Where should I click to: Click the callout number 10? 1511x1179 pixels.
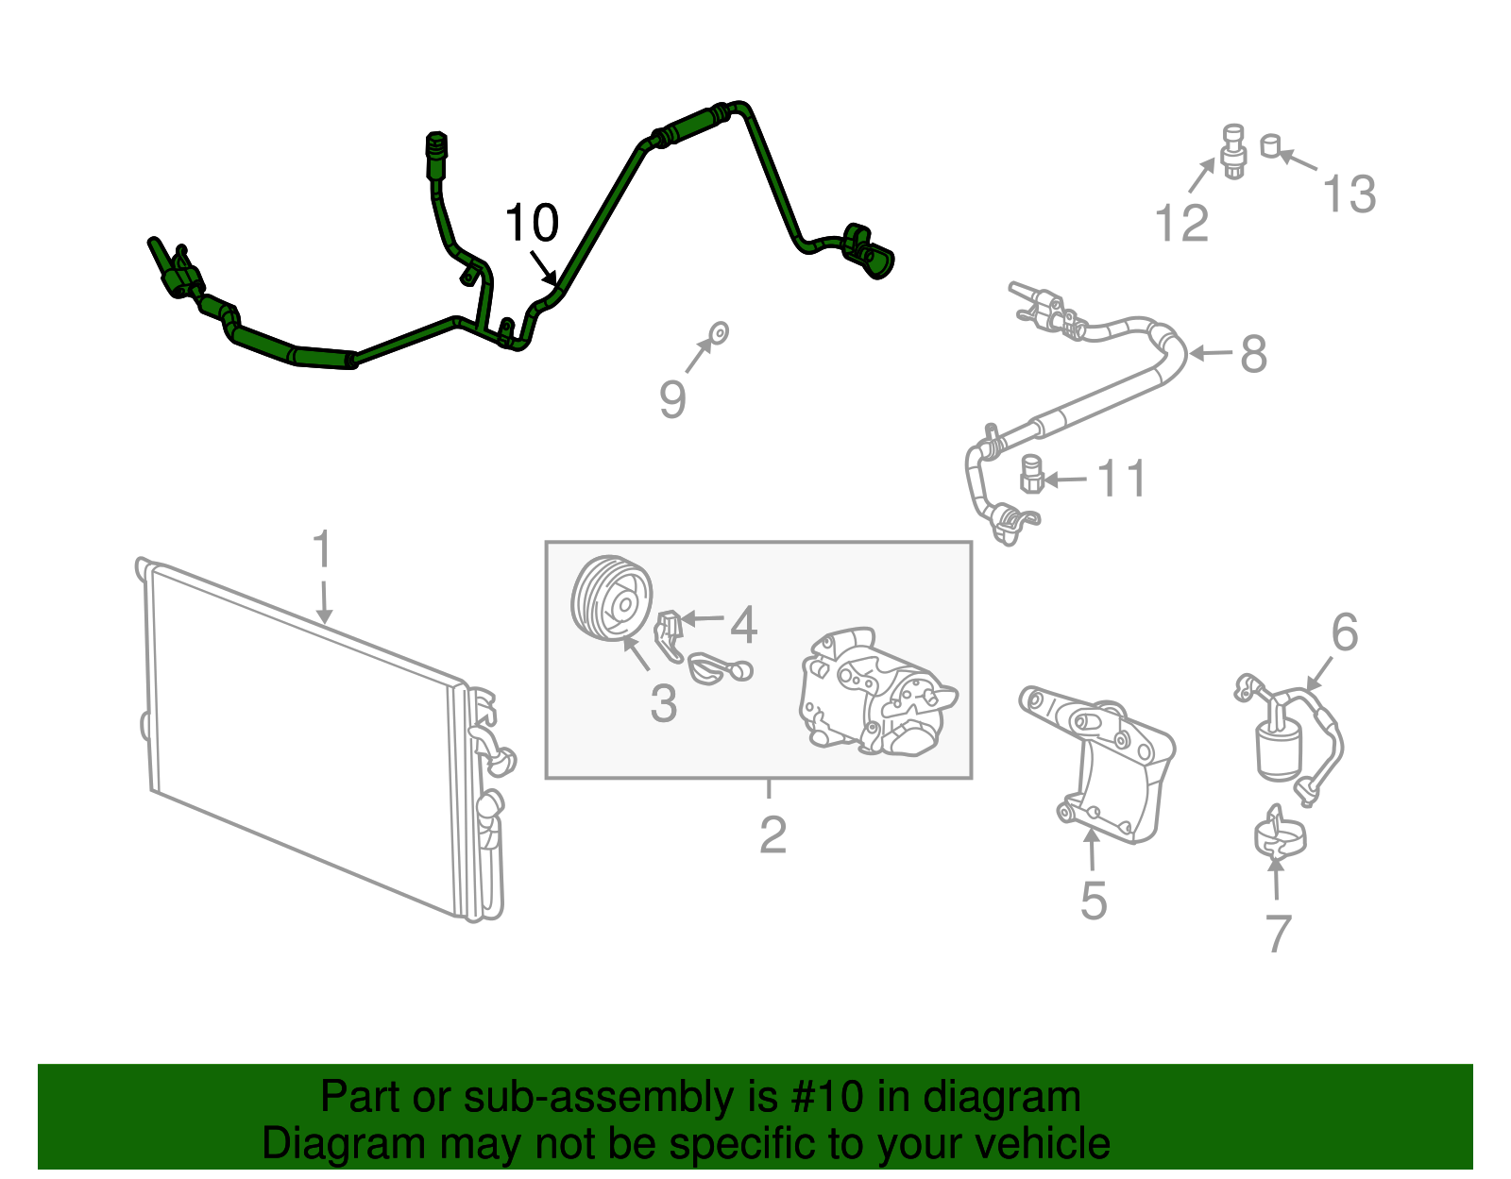532,223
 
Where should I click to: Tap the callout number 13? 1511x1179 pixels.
1349,194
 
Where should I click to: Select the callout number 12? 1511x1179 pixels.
1181,223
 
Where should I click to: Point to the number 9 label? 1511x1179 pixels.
672,399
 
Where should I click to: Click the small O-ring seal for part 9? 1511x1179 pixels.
719,333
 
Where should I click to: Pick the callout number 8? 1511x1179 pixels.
1254,354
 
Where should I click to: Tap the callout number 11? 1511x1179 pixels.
1121,479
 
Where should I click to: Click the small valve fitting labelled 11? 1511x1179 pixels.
1032,475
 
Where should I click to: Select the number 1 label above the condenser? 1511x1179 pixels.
322,548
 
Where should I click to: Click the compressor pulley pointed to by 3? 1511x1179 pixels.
612,598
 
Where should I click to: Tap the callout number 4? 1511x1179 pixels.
742,625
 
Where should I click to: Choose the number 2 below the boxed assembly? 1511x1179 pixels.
772,835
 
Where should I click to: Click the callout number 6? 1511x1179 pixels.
1344,632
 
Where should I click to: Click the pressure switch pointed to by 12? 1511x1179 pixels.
1233,151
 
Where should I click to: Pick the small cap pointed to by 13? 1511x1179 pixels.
1270,145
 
